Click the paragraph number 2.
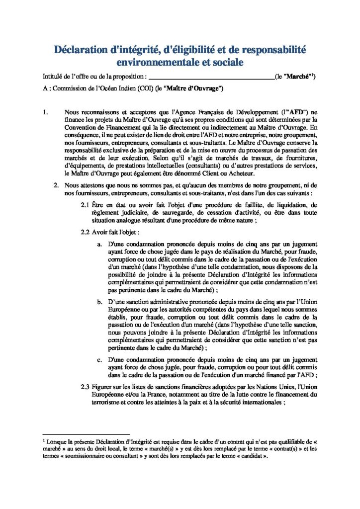click(x=57, y=185)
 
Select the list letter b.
click(x=99, y=301)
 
